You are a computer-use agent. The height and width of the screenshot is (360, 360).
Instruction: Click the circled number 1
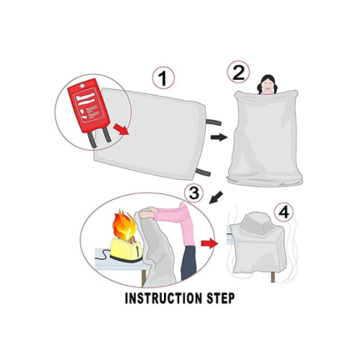163,78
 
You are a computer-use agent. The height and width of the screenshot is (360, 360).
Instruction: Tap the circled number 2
238,72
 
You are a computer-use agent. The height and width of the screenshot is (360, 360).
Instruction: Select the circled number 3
193,192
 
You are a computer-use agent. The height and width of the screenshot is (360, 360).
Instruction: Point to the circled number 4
283,212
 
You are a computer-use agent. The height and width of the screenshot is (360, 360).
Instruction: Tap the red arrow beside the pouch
121,129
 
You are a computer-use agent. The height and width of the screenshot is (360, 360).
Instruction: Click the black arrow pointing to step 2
219,137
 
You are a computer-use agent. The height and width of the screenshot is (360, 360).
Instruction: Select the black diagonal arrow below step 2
216,197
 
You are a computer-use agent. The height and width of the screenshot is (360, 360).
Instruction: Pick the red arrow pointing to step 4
209,243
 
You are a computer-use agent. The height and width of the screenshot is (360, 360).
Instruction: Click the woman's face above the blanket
267,86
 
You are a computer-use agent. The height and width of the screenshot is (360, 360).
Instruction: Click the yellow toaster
127,248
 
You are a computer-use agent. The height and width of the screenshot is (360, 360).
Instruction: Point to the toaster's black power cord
102,255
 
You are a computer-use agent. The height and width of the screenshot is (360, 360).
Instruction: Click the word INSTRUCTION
163,298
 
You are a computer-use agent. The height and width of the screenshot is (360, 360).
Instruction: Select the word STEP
221,298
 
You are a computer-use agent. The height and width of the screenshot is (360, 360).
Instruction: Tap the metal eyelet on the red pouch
82,86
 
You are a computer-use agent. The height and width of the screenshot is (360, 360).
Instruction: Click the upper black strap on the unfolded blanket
213,122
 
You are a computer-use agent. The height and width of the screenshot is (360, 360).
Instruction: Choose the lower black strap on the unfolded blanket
203,172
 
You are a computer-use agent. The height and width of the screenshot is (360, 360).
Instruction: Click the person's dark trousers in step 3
188,262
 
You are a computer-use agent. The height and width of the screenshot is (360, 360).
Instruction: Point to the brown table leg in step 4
272,277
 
